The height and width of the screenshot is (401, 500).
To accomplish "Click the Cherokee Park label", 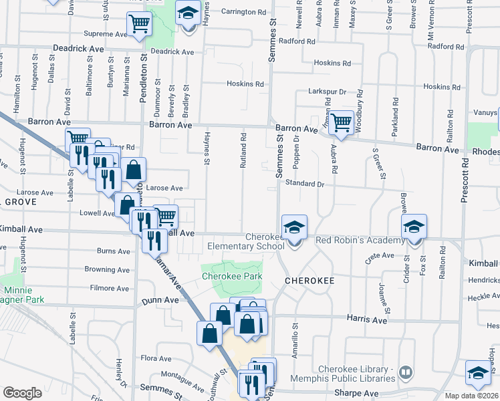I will click(232, 276).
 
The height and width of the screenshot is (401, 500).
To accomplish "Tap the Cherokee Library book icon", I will click(405, 372).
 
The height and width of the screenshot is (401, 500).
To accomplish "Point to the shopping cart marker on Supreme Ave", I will click(140, 25).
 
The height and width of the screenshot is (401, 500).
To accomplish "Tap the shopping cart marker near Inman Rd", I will click(341, 122).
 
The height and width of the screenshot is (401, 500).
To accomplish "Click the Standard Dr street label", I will click(305, 183).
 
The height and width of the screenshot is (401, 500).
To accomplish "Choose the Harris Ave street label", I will click(367, 320).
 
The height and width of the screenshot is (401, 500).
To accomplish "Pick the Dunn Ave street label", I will click(160, 301).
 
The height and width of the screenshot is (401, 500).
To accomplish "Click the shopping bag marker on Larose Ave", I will click(134, 170).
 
